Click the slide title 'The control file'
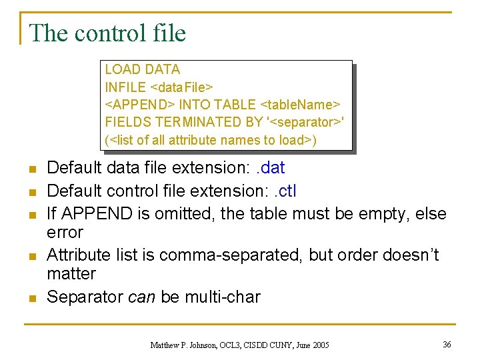coord(107,33)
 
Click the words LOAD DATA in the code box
coord(143,69)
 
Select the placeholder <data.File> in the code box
coord(182,87)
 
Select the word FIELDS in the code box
coord(128,122)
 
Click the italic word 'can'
coord(141,296)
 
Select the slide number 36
coord(447,344)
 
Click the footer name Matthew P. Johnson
coord(183,345)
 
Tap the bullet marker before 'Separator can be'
coord(31,297)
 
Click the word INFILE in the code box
coord(126,87)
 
